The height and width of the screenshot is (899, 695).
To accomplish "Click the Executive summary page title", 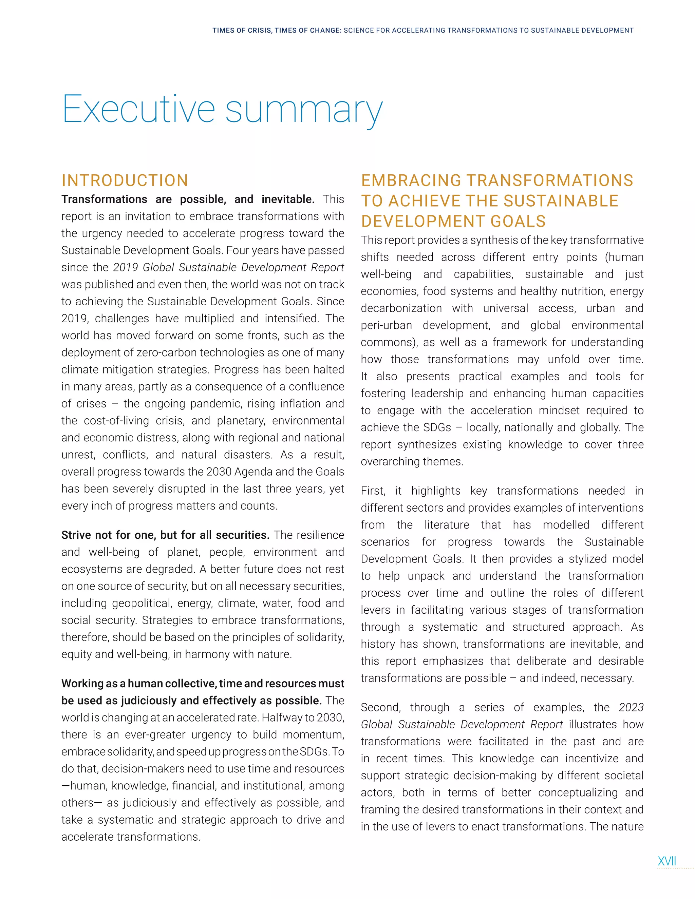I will (x=222, y=109).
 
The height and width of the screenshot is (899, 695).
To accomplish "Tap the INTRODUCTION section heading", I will (x=125, y=181).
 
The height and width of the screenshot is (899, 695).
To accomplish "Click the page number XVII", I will (x=666, y=861).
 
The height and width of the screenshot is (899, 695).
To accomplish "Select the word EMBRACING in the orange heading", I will (x=411, y=181).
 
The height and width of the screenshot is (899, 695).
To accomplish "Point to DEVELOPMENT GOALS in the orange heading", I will (x=453, y=222).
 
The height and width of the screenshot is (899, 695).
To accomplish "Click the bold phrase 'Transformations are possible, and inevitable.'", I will (x=188, y=199).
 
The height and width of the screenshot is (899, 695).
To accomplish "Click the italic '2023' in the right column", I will (x=631, y=707).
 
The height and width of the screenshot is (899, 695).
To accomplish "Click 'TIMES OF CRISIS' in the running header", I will (x=242, y=31).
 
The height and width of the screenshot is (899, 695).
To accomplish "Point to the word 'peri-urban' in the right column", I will (x=386, y=325).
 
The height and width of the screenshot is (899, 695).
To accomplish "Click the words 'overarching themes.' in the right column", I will (x=412, y=461).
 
